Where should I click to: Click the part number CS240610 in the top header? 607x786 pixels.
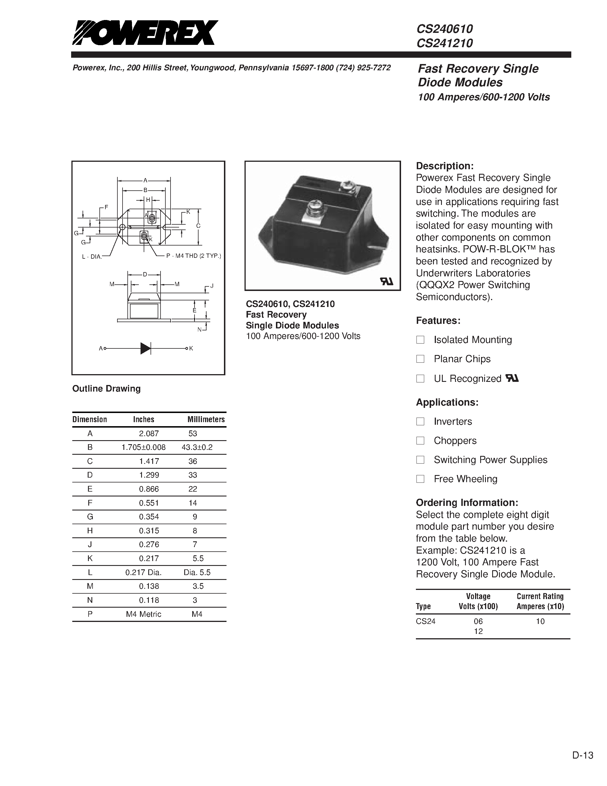[444, 29]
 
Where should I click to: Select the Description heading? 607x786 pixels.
[444, 166]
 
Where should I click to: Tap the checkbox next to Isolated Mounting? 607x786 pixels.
[420, 340]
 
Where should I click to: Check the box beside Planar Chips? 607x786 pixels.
[420, 359]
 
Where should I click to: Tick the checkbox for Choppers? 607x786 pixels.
[420, 440]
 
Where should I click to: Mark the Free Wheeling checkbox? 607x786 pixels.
[420, 479]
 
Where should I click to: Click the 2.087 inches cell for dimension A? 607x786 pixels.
[149, 434]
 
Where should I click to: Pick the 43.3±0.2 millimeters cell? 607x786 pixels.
[197, 447]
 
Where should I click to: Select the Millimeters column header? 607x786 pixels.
[206, 419]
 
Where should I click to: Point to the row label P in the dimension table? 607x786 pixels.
[90, 614]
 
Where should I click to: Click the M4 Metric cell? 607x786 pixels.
[143, 614]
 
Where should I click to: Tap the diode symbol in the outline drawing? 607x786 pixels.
[145, 348]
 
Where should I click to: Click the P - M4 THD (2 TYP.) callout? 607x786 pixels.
[193, 256]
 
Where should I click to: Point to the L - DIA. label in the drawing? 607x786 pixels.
[92, 257]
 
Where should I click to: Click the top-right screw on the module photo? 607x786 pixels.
[348, 186]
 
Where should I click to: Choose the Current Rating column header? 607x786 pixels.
[540, 601]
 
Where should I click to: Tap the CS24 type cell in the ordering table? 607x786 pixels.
[425, 621]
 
